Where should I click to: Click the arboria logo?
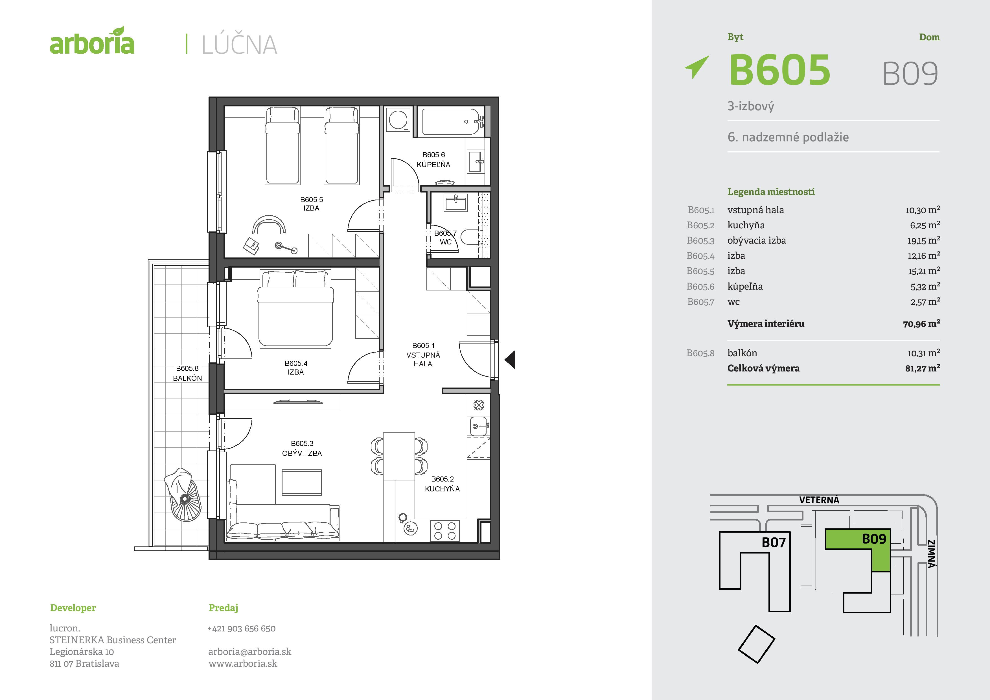point(92,41)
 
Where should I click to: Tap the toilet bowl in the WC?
point(470,237)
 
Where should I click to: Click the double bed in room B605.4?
point(295,309)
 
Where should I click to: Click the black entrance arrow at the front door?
point(510,359)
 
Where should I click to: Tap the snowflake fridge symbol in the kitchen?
point(479,405)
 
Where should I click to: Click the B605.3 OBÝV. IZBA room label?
point(302,448)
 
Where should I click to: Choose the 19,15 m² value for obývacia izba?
point(923,240)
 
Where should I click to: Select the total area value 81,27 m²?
point(923,368)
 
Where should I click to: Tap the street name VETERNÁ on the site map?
point(819,500)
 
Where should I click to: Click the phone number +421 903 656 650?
point(242,628)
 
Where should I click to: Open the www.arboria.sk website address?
point(243,663)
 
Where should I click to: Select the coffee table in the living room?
point(302,482)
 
